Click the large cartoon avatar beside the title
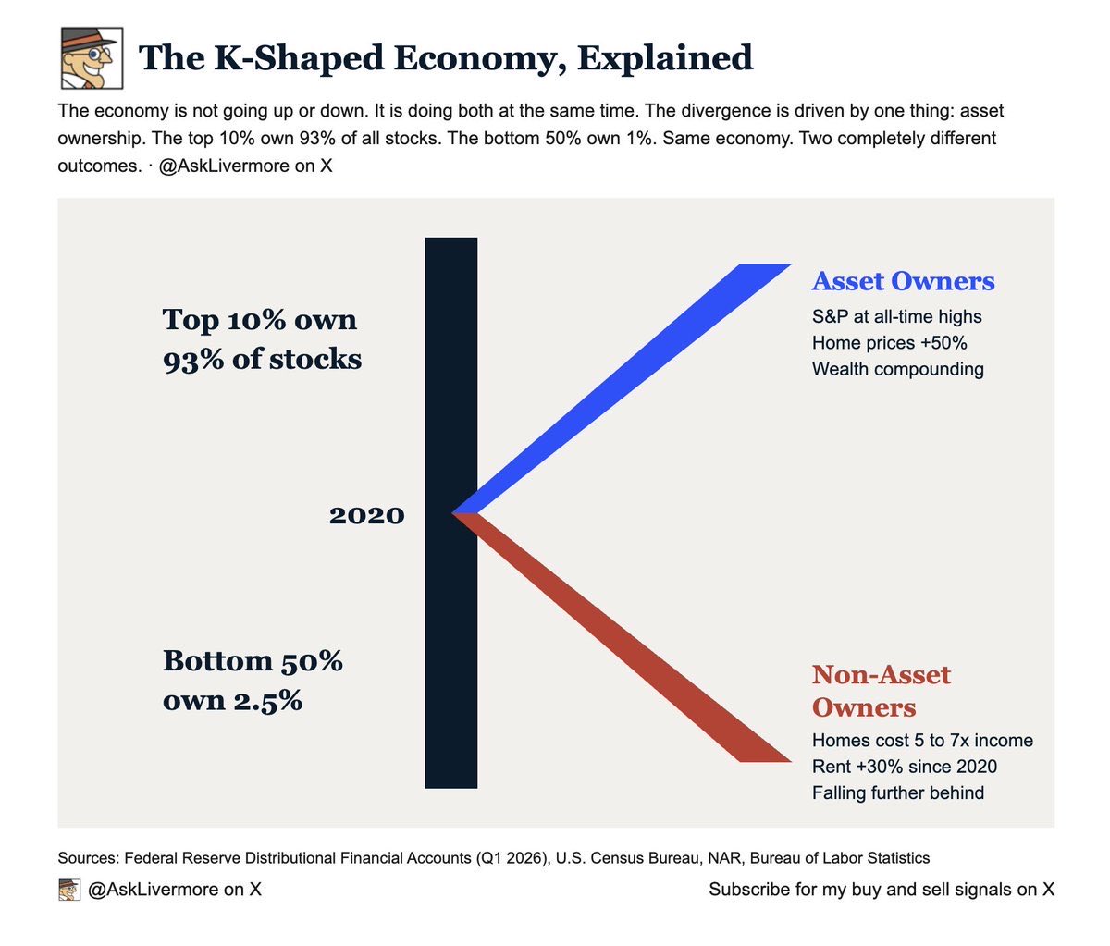pos(92,58)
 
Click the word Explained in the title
pos(665,58)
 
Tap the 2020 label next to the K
pos(367,515)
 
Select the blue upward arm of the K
pos(623,388)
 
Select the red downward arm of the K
pos(623,638)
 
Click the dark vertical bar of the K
pos(451,512)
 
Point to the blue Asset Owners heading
pos(903,281)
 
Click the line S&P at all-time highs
pos(897,317)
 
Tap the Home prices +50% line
pos(889,343)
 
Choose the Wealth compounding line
pos(898,369)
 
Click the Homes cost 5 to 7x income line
pos(922,741)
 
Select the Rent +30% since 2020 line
pos(905,767)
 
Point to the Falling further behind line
pos(898,793)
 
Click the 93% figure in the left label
pos(193,359)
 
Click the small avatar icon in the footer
pos(69,890)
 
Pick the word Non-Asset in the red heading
pos(882,675)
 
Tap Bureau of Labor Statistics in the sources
pos(839,858)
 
